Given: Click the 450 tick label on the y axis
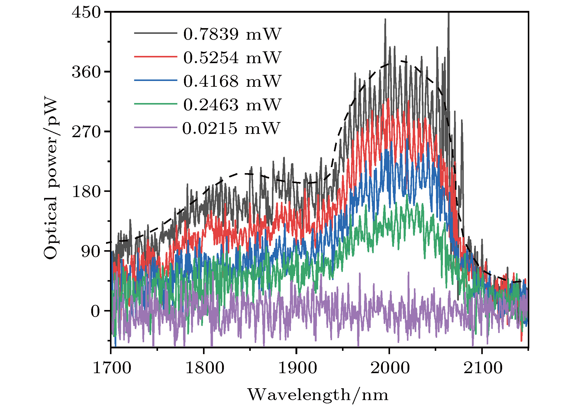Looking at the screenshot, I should (x=86, y=13).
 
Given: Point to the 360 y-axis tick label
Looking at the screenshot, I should (x=86, y=72).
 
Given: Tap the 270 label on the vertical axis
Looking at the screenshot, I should (x=86, y=132).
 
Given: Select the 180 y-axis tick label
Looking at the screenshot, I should (x=86, y=191).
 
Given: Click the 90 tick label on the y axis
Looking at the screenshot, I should (x=91, y=251).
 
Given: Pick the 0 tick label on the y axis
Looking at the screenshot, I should (x=95, y=311).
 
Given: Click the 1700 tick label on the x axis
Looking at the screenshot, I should (x=112, y=368).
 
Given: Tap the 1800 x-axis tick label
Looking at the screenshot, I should (x=205, y=368).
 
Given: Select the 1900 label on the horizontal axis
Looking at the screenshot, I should (x=297, y=368).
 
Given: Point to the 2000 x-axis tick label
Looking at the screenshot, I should (x=390, y=368).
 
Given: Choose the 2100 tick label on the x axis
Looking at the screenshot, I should (x=483, y=368).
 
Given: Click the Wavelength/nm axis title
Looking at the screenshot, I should (x=318, y=395).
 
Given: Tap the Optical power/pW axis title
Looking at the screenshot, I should (x=51, y=178).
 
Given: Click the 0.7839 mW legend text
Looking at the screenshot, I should (x=232, y=34).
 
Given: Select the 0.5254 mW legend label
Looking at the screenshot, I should (x=232, y=57).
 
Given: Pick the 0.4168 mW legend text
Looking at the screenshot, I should (x=232, y=81).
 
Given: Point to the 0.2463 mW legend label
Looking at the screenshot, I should (x=232, y=105).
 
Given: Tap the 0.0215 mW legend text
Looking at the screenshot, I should (x=231, y=128).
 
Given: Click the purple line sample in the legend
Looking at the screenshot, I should (x=155, y=128).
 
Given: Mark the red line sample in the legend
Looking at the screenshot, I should (x=155, y=57).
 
